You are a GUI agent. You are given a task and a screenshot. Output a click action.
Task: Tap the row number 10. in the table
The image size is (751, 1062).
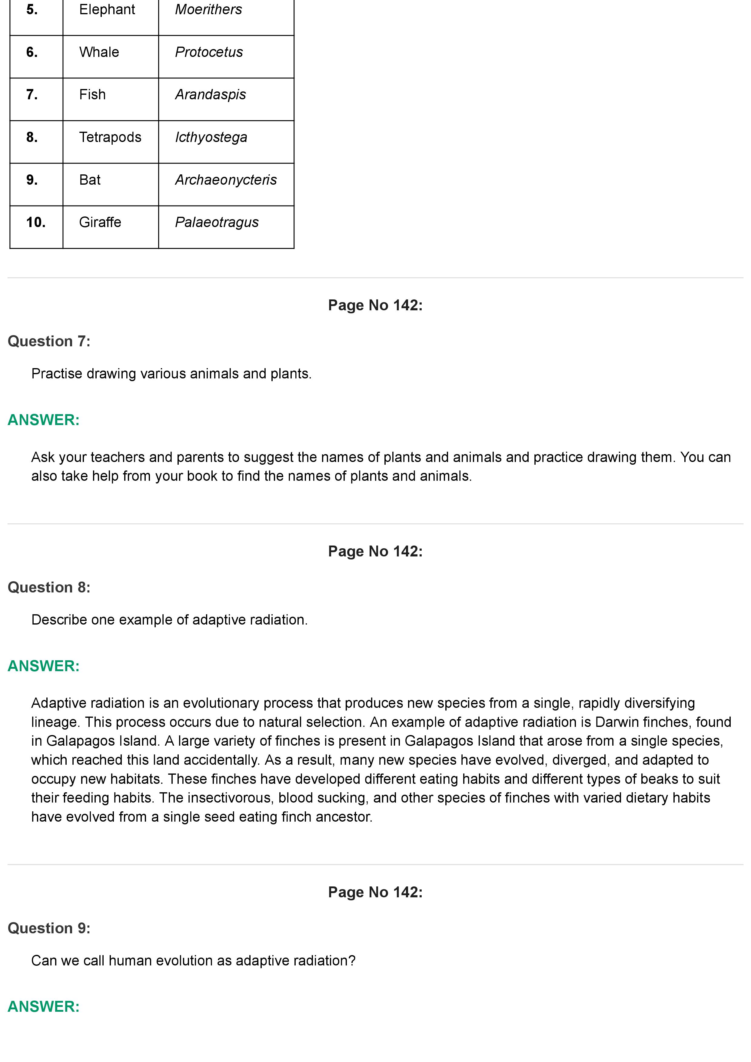pos(36,223)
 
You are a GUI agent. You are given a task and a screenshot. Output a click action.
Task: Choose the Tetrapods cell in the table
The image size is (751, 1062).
pos(110,137)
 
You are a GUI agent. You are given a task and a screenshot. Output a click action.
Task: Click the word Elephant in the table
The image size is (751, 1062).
pos(107,10)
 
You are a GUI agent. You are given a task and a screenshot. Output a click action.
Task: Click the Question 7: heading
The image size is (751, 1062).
pos(49,341)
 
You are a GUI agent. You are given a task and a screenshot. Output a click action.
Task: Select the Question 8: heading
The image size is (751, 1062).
pos(49,587)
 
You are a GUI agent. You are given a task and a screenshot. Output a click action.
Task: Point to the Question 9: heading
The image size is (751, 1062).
pos(49,928)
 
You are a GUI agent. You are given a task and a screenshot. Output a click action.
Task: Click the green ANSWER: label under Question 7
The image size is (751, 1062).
pos(44,420)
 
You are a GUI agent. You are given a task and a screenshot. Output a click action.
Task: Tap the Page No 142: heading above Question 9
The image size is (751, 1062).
pos(375,892)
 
